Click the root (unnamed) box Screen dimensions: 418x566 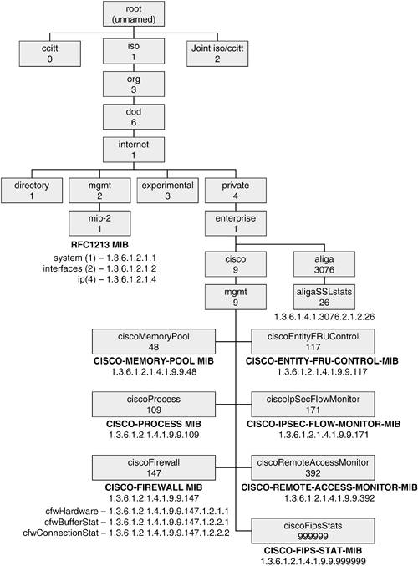click(134, 13)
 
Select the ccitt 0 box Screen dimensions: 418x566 click(50, 54)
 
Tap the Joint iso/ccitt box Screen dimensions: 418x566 click(217, 54)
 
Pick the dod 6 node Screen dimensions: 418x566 click(134, 117)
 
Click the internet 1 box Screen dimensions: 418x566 click(134, 150)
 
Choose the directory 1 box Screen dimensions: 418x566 click(32, 191)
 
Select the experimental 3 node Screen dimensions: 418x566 click(167, 191)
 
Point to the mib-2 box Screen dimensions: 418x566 click(99, 223)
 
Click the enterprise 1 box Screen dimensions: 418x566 click(236, 223)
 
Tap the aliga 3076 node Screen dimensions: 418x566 click(324, 264)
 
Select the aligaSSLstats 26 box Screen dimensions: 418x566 click(324, 297)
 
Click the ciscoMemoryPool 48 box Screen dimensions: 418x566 click(154, 341)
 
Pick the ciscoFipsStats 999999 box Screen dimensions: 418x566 click(313, 531)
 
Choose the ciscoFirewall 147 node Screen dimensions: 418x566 click(154, 467)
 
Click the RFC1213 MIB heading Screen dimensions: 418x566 click(99, 245)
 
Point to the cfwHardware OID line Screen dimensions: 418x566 click(137, 511)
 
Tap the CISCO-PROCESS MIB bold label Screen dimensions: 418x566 click(154, 424)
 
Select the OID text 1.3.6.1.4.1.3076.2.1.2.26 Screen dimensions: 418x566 click(324, 317)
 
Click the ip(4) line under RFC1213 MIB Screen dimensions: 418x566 click(117, 279)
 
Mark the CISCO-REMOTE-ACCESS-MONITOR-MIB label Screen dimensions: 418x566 click(329, 487)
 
